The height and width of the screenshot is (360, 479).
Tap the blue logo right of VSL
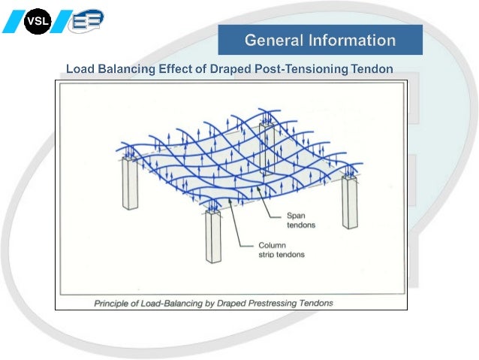pos(86,21)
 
